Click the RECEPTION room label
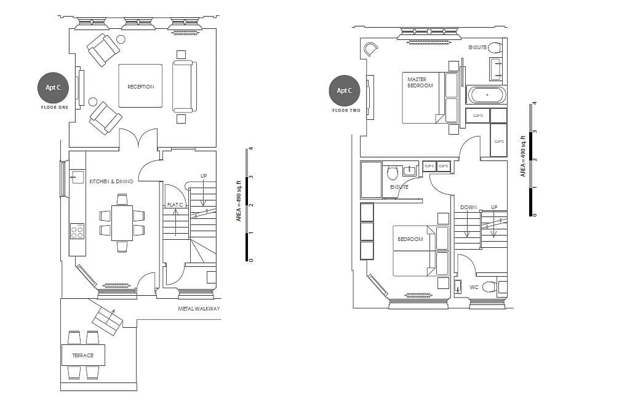coord(140,87)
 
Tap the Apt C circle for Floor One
coord(54,88)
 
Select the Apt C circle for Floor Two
coord(345,90)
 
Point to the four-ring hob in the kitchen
coord(77,232)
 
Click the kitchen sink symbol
coord(77,177)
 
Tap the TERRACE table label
coord(82,355)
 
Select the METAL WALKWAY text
coord(199,309)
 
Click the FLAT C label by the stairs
coord(175,204)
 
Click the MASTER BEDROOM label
coord(420,82)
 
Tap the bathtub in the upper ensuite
coord(487,95)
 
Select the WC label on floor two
coord(474,287)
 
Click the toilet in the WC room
coord(490,286)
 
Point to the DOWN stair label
coord(468,207)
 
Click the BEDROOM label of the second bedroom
coord(410,239)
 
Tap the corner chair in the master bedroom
coord(372,49)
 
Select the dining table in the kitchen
coord(122,223)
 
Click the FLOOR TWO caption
coord(345,111)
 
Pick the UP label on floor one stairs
coord(204,176)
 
